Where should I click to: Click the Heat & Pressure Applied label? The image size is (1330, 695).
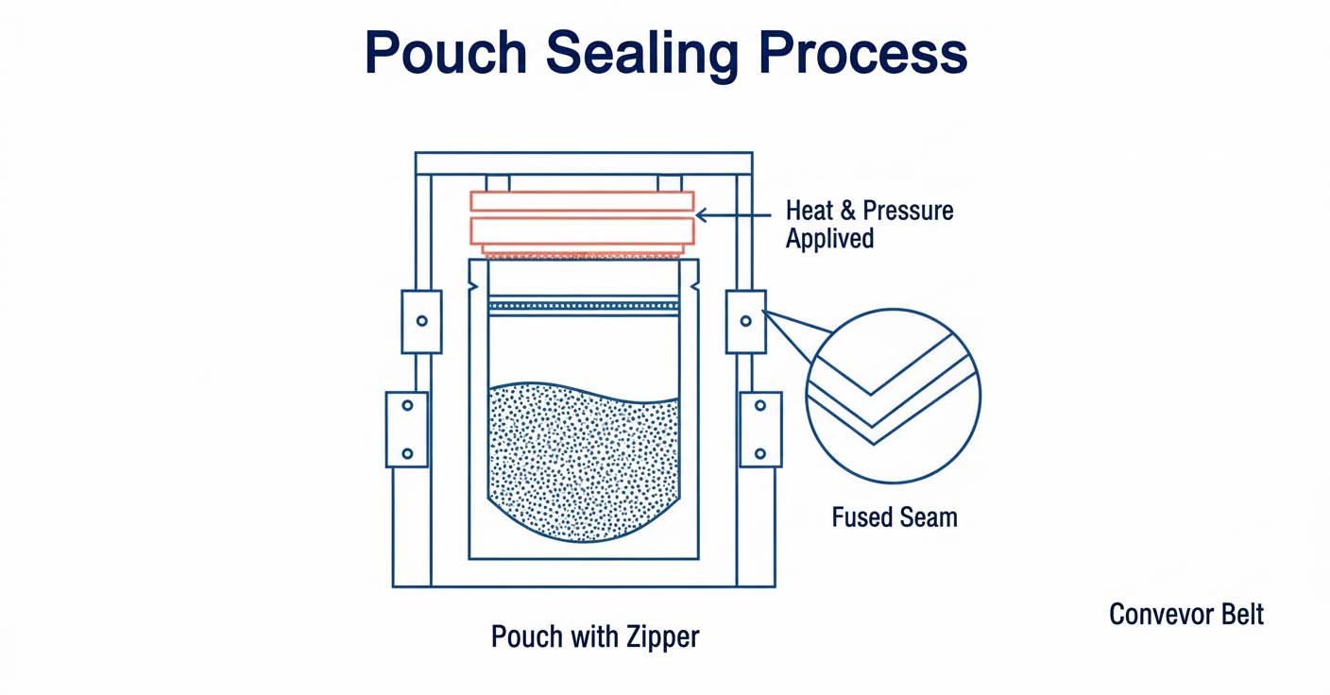click(869, 224)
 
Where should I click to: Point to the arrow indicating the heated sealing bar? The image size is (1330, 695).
click(737, 216)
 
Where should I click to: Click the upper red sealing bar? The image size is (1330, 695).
click(582, 201)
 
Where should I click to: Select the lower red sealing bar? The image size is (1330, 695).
click(582, 231)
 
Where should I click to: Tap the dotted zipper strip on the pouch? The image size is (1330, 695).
click(584, 305)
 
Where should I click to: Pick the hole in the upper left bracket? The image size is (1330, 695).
click(421, 321)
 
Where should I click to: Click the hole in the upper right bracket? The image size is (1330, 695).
click(745, 321)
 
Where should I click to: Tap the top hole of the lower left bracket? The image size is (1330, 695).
click(407, 405)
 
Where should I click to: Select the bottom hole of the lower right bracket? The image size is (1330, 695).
click(759, 452)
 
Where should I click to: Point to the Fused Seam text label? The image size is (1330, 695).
click(894, 517)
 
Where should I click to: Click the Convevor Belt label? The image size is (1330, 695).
click(1185, 615)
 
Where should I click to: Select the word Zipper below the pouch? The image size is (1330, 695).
click(662, 636)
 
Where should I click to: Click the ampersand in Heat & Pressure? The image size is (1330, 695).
click(847, 210)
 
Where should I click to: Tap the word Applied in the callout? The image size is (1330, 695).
click(829, 238)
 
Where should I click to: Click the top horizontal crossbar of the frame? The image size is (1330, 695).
click(584, 163)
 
